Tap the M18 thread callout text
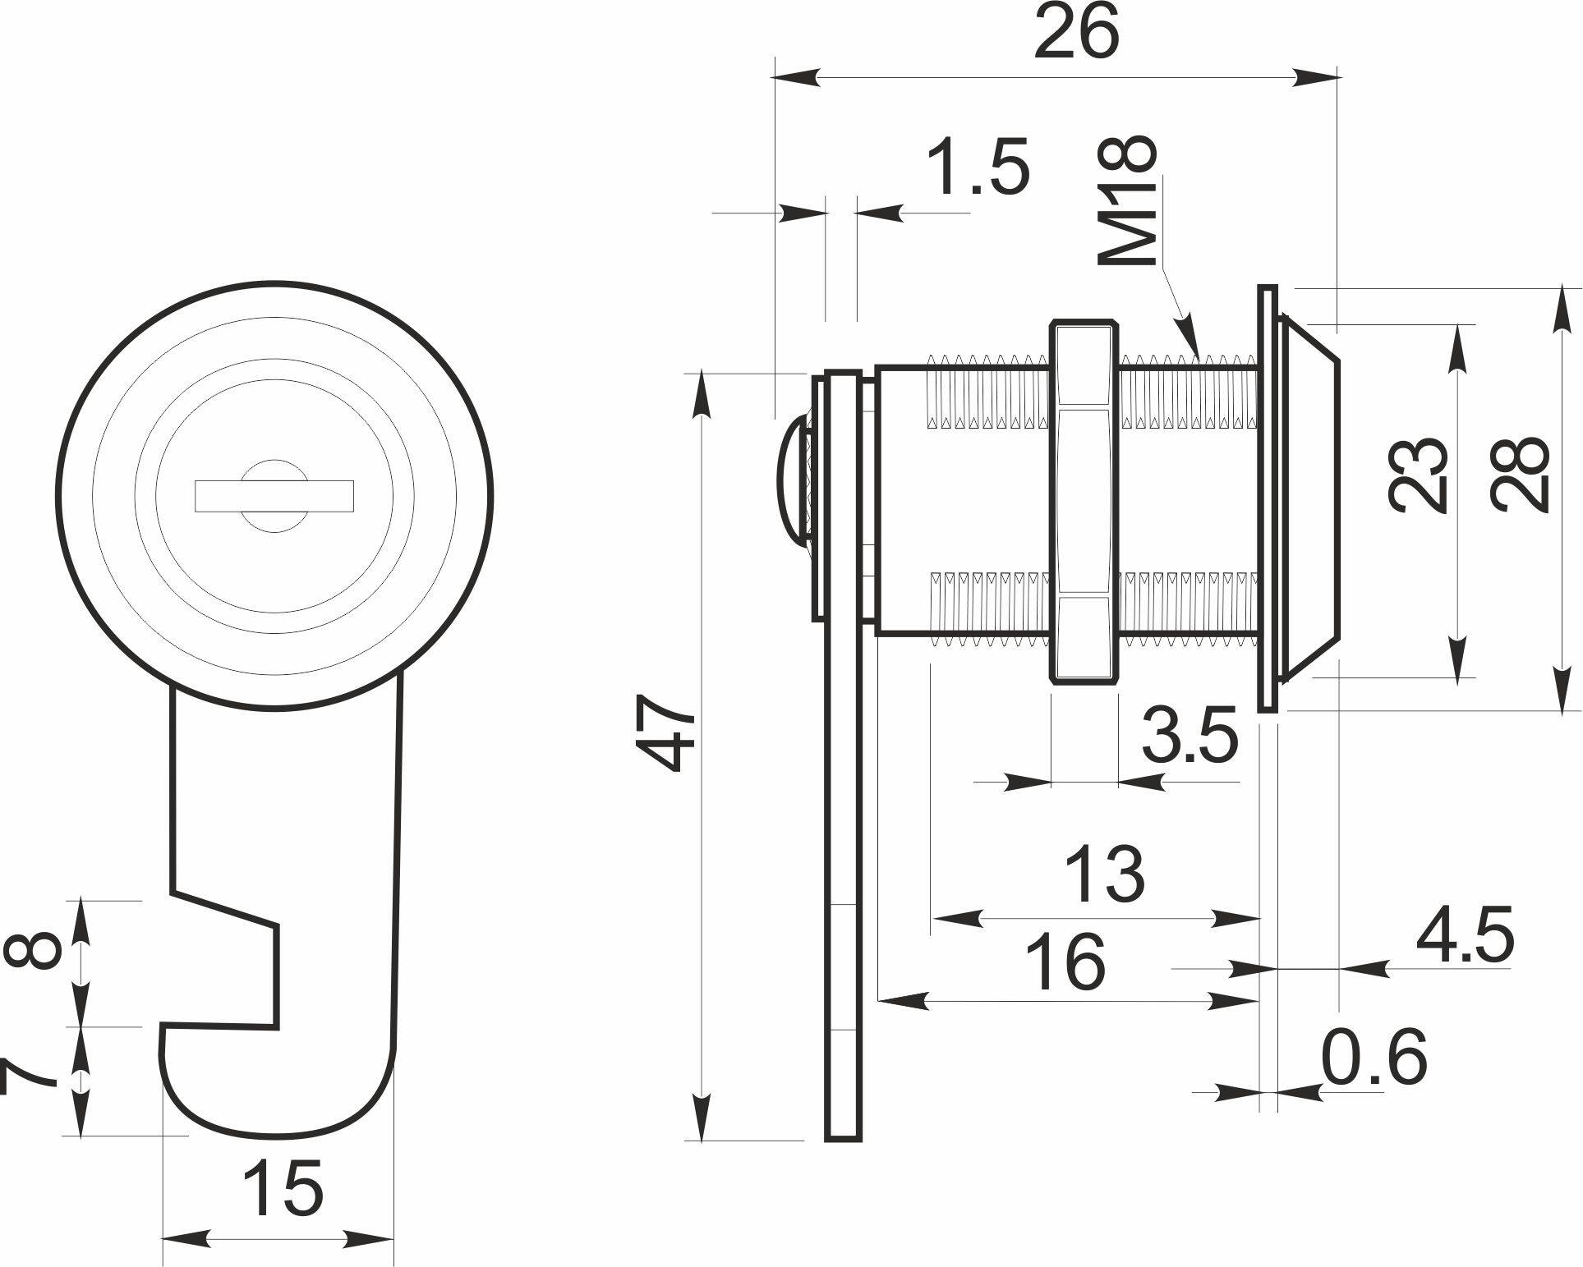tap(1128, 200)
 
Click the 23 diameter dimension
tap(1417, 475)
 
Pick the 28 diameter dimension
tap(1521, 474)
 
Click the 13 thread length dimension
tap(1104, 873)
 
